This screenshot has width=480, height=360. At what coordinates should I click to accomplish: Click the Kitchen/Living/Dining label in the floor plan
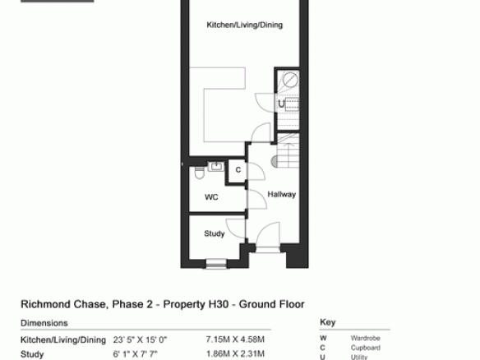click(x=245, y=25)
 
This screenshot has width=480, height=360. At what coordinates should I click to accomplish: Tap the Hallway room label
click(x=282, y=195)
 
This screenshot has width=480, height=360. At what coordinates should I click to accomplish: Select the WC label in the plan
click(x=211, y=197)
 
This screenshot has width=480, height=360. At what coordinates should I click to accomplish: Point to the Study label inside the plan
click(x=215, y=233)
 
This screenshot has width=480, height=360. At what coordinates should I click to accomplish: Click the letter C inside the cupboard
click(x=238, y=170)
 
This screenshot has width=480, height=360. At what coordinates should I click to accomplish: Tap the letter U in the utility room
click(x=282, y=104)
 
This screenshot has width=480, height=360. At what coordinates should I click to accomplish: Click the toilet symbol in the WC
click(x=199, y=173)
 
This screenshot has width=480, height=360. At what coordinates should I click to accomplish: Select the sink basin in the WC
click(x=216, y=167)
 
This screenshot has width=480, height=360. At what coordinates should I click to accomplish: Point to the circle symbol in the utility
click(x=290, y=81)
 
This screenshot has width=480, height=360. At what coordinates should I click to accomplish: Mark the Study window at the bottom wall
click(x=216, y=264)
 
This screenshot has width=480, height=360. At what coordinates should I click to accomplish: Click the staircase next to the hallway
click(x=288, y=150)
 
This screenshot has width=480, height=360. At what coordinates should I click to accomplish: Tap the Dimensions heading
click(x=44, y=323)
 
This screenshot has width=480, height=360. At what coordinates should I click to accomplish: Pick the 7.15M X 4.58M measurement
click(x=235, y=339)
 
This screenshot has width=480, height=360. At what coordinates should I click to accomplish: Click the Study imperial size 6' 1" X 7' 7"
click(x=136, y=354)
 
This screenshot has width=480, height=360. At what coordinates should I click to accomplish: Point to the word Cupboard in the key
click(x=366, y=348)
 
